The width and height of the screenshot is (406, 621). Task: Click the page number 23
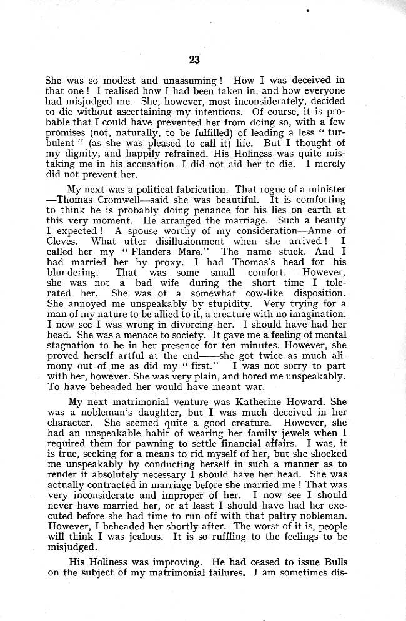coord(194,60)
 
